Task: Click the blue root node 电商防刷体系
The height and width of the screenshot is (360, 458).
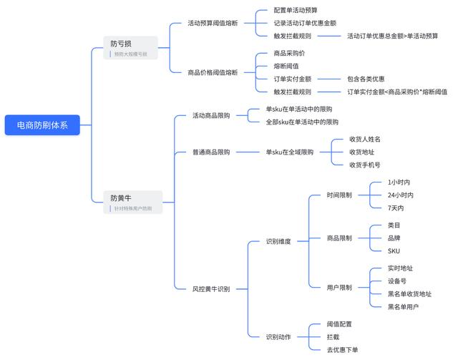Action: pos(42,125)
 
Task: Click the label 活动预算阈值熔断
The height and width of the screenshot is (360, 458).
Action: pos(213,23)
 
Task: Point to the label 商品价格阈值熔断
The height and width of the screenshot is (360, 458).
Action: pos(213,71)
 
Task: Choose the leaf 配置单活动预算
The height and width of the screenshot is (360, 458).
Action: pos(296,10)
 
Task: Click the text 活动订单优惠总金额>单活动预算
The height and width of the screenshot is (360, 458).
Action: pos(392,36)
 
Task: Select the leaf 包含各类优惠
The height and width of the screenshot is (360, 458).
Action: pos(366,79)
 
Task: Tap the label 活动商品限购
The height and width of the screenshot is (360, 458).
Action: pos(211,115)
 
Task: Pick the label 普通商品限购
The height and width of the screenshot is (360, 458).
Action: pos(211,152)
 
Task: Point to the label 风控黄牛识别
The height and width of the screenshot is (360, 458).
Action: pos(211,288)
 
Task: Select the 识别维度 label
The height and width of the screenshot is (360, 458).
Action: pos(278,241)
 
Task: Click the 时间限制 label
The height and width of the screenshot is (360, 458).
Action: pos(339,195)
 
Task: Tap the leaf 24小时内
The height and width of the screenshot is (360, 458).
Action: pos(400,195)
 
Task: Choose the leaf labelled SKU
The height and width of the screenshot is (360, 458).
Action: pos(394,250)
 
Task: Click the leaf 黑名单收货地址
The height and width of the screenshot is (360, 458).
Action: pos(409,294)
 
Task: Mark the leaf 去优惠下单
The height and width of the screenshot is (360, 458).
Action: pos(342,349)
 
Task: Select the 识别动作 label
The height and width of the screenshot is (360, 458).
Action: pos(278,336)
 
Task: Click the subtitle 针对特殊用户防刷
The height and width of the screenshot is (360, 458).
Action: pos(133,209)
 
